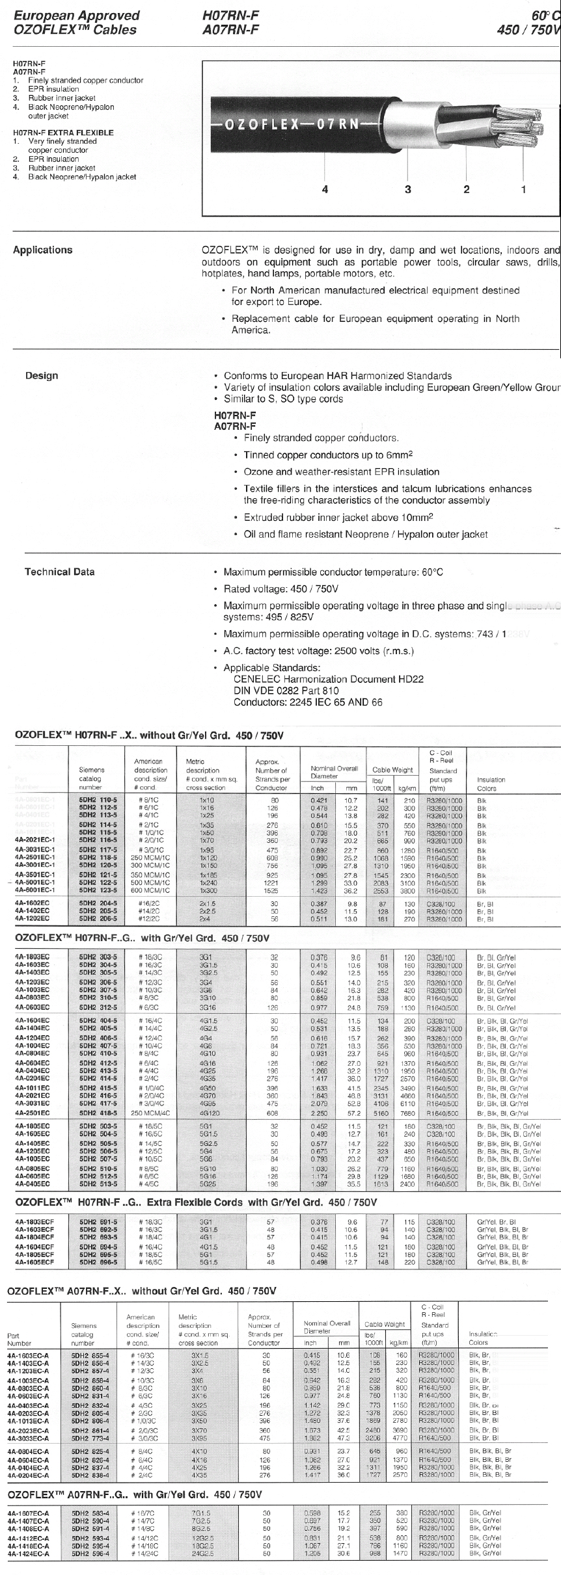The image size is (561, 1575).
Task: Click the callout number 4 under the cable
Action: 325,189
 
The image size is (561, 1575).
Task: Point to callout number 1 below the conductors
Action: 524,189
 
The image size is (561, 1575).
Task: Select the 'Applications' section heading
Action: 43,250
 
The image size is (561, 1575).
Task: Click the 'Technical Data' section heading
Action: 59,572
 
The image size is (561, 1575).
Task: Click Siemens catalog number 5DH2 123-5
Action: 98,891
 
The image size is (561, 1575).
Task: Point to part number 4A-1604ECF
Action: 35,1248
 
